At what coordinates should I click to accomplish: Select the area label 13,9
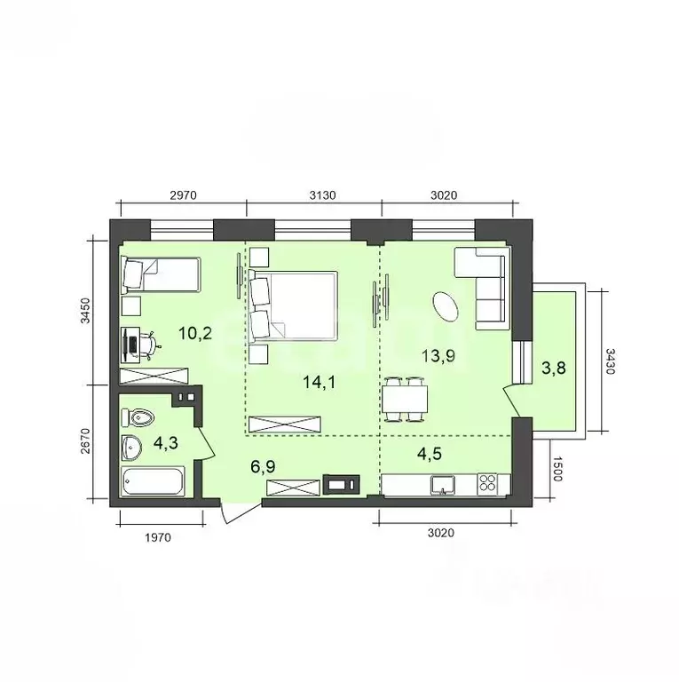click(x=438, y=357)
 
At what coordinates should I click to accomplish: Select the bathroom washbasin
click(x=134, y=447)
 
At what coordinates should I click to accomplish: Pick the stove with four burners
click(x=488, y=484)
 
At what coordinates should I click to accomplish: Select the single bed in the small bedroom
click(x=161, y=274)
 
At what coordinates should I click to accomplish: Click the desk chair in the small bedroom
click(x=150, y=341)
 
